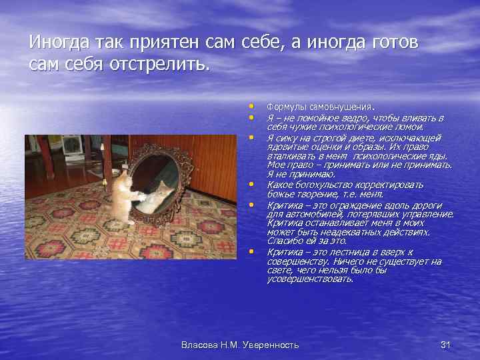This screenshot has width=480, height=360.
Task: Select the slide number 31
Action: tap(446, 345)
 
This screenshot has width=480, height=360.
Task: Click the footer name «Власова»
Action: tap(200, 345)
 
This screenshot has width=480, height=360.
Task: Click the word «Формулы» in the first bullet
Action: tap(285, 107)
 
